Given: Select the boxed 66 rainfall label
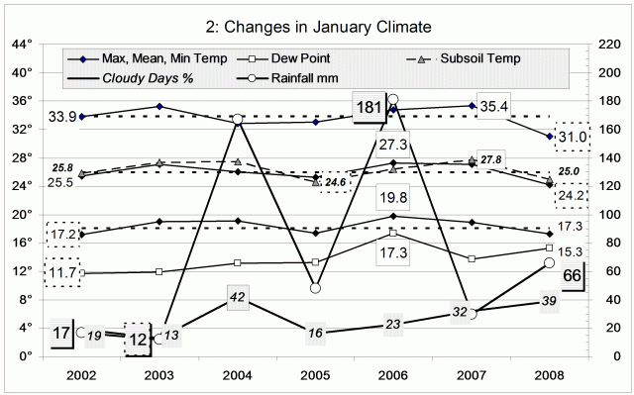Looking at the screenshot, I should (x=572, y=274).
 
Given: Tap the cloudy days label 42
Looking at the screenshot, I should (x=238, y=297).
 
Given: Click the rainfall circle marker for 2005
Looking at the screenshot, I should (x=315, y=288).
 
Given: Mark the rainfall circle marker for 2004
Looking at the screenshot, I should (x=238, y=119).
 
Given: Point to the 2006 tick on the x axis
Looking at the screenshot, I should (x=393, y=377).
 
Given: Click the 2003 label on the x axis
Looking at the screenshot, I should (x=159, y=377).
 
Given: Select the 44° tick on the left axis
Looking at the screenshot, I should (x=22, y=45).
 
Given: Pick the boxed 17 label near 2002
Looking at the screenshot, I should (x=62, y=334).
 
